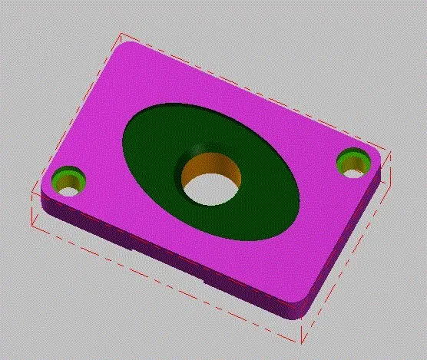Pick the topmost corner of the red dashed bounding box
[120, 34]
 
